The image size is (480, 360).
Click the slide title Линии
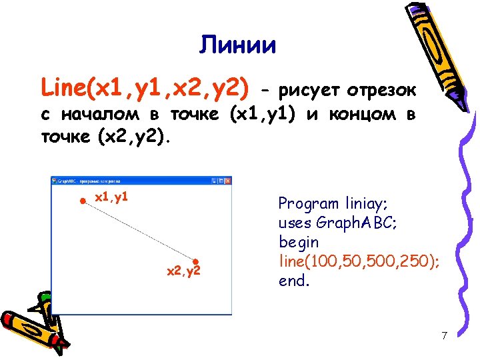click(237, 45)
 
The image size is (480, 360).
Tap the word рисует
click(309, 89)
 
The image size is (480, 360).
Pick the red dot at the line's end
click(196, 262)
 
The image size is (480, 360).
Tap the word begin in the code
click(298, 242)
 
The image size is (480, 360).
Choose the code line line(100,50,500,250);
click(359, 261)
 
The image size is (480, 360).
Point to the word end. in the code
click(294, 281)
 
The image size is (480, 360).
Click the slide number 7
click(444, 335)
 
